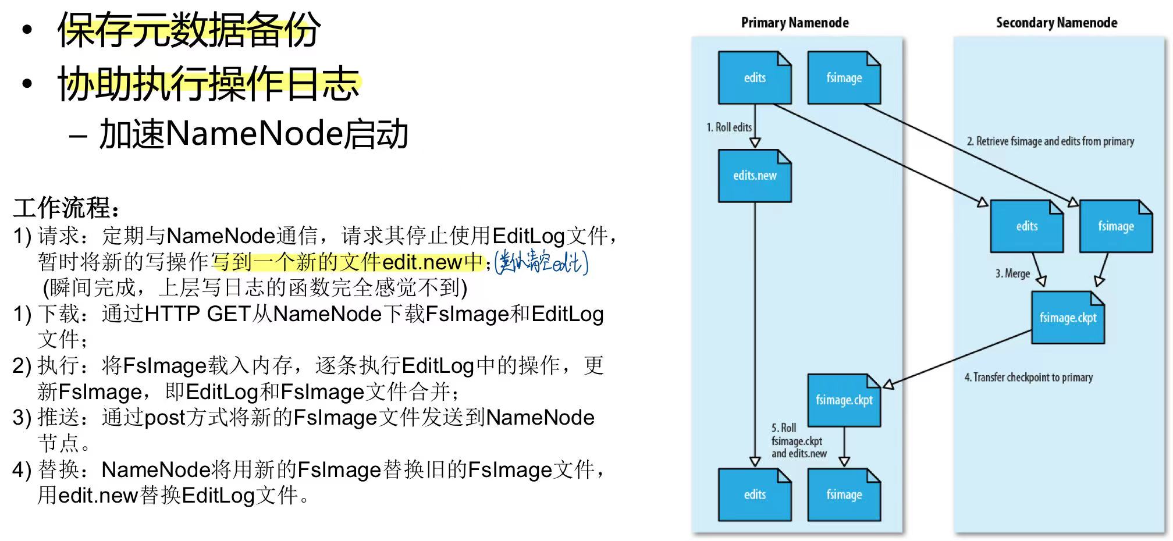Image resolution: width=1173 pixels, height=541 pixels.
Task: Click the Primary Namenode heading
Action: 794,23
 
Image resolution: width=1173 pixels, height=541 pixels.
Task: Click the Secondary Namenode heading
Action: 1056,23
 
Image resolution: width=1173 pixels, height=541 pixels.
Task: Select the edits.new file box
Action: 755,176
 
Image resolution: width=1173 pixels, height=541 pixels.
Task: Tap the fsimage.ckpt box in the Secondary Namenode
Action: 1068,318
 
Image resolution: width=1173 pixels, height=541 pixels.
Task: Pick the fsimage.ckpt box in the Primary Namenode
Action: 844,400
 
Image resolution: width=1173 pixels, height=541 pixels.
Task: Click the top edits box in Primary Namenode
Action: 755,78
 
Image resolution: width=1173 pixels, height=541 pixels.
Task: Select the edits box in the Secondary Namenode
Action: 1026,226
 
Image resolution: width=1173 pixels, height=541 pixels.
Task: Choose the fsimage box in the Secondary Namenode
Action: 1115,226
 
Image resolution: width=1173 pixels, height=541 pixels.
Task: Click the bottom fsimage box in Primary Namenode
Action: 844,494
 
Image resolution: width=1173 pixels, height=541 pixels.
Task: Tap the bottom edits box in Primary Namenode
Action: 755,494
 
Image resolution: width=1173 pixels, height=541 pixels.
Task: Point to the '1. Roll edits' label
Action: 729,127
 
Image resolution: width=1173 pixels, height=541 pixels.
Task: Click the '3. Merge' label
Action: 1012,273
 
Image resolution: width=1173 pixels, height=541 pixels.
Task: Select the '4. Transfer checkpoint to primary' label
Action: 1028,378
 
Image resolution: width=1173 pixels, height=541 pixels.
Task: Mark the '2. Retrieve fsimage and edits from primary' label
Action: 1050,141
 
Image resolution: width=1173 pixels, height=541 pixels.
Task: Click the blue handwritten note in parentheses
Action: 541,263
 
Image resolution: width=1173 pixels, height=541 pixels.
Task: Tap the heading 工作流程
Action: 67,208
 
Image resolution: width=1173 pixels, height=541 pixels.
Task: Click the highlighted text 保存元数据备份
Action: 189,30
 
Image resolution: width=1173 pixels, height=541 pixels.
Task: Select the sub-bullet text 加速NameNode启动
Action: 254,134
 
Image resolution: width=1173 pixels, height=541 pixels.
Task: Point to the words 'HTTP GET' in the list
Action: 197,314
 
